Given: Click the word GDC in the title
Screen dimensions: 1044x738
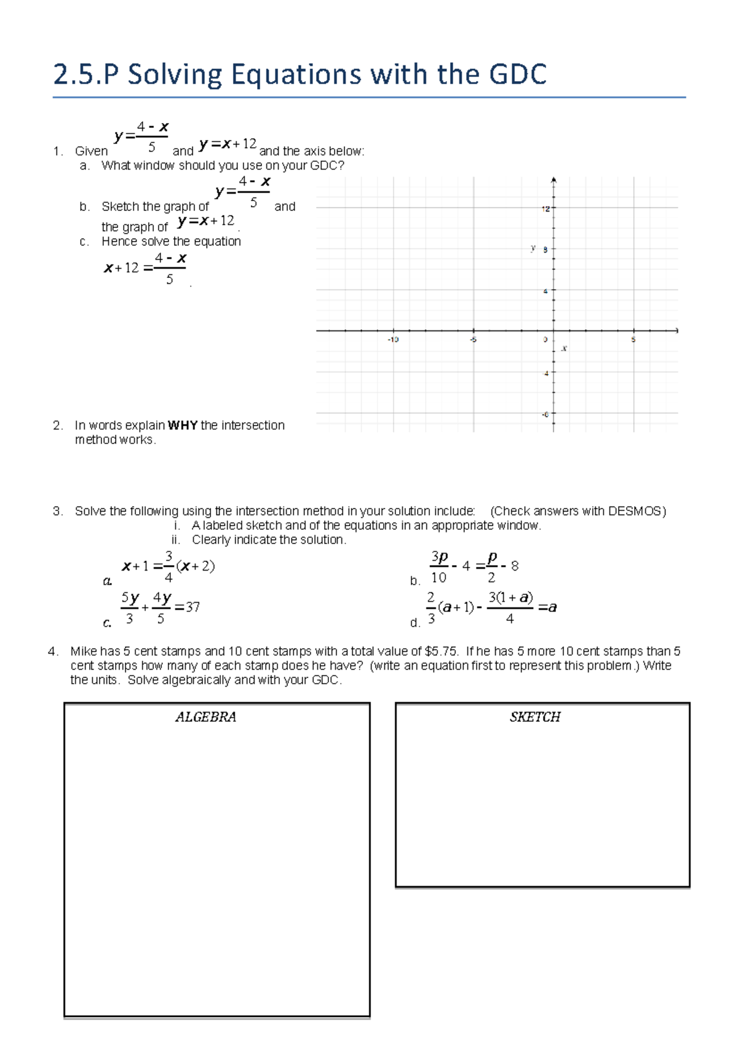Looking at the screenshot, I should tap(517, 75).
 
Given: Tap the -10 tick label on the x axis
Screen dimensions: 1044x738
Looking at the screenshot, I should tap(393, 339).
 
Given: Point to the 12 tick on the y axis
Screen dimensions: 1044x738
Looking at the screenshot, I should tap(546, 209).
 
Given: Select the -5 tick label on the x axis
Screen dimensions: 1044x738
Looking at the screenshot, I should tap(473, 339).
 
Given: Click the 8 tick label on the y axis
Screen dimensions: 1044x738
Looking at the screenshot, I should tap(546, 250).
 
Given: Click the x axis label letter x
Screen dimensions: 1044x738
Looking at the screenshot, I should tap(564, 349).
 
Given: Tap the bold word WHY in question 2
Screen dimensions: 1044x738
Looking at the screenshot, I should tap(183, 425).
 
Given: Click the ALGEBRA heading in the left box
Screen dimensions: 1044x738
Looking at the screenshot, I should tap(205, 717).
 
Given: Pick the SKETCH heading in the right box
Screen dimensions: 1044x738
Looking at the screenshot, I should tap(535, 717).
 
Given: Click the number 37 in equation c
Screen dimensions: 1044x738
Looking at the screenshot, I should tap(192, 607).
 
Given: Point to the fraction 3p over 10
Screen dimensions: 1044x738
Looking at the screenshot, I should tap(438, 567).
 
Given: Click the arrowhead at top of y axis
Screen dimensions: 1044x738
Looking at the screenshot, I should tap(553, 180).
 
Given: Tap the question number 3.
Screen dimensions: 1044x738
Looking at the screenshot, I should tap(57, 511).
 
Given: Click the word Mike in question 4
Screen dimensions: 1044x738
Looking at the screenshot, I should tap(84, 651).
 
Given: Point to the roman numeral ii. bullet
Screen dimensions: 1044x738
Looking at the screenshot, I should tap(176, 540).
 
